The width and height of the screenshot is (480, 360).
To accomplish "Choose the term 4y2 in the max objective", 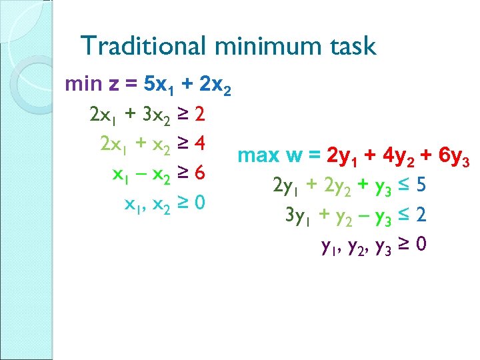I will coord(397,157).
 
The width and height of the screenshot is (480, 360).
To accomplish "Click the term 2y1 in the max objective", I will coord(339,157).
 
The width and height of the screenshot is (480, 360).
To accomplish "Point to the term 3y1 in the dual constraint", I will coord(297,217).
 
